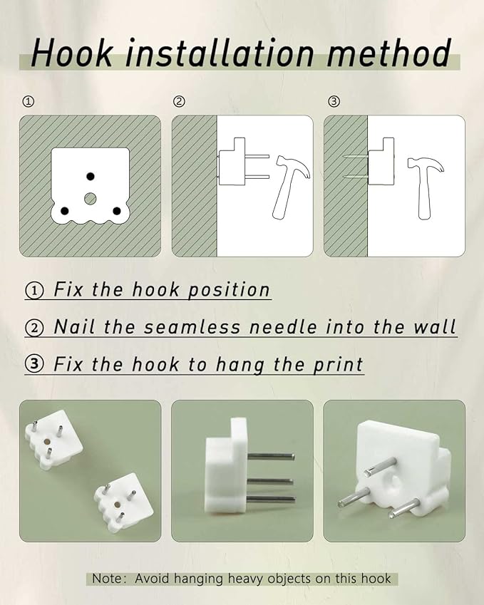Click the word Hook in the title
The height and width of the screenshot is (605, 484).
72,53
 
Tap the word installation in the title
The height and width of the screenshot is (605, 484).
220,53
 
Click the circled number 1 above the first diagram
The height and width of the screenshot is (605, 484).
29,101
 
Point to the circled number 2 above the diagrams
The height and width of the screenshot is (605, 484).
179,101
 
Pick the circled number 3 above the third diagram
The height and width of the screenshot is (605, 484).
334,101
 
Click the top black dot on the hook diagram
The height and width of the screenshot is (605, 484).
91,176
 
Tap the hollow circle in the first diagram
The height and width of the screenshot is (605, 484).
91,199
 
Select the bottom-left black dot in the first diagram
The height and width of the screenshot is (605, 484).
64,211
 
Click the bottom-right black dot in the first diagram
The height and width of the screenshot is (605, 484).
117,211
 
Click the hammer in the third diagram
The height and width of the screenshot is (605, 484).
426,188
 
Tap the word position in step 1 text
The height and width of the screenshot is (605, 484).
229,290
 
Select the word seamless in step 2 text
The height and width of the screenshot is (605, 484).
192,327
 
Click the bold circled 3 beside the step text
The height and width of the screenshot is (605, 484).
35,363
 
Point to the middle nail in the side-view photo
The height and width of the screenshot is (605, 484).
270,481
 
